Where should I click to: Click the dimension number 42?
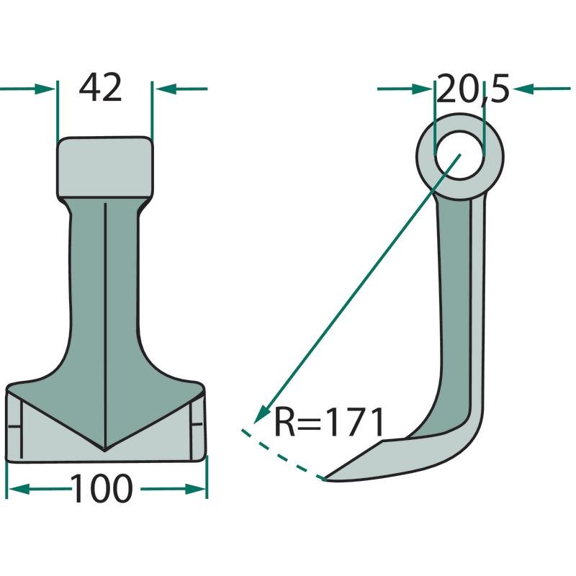(x=100, y=87)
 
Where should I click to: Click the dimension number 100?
(x=102, y=489)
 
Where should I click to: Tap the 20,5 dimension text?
(x=473, y=89)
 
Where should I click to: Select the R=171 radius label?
(x=329, y=422)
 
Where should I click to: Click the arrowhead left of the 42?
(x=45, y=89)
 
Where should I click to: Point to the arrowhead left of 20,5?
(x=421, y=89)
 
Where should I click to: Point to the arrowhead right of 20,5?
(x=523, y=89)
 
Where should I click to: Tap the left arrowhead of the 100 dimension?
(x=19, y=489)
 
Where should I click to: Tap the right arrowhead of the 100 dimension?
(x=195, y=489)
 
